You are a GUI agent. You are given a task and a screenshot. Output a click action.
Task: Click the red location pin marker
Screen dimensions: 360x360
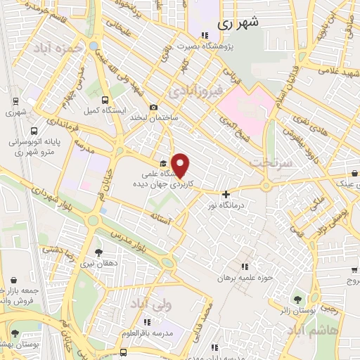tap(181, 165)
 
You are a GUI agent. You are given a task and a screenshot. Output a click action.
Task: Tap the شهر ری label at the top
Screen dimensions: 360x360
tap(239, 22)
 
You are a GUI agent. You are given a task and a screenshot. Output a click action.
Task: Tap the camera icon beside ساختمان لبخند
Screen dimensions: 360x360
tap(153, 106)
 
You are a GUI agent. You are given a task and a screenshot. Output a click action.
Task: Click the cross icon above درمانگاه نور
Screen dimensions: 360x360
tap(226, 194)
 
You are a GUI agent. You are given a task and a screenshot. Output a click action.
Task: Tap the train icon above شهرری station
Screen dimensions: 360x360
tap(15, 101)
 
